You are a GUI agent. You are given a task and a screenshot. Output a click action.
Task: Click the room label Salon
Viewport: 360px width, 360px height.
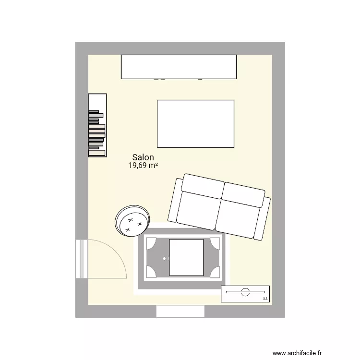[143, 157]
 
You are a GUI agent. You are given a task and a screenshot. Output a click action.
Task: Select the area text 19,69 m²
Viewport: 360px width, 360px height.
[143, 166]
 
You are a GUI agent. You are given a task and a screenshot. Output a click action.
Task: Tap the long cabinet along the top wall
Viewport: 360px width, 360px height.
[179, 67]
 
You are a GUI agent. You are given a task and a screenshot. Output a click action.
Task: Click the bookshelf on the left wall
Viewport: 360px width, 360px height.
[96, 125]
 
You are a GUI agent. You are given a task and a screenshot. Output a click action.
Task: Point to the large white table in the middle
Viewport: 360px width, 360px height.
[195, 124]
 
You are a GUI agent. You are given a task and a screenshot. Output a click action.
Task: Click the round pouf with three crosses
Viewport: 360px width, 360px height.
[133, 220]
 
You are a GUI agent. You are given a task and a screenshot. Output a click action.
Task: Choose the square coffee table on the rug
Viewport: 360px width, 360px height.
[187, 258]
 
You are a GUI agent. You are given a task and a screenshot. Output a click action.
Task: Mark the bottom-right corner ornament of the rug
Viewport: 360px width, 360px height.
[216, 272]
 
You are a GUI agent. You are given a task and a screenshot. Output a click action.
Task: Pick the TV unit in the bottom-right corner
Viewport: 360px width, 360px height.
[245, 294]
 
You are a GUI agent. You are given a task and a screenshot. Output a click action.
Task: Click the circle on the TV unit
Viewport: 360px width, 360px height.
[245, 291]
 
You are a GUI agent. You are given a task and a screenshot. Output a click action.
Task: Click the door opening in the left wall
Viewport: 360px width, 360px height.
[82, 259]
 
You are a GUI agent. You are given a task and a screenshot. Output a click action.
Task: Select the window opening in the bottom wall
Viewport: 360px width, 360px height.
[180, 311]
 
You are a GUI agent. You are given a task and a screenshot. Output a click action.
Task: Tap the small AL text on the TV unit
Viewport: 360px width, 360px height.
[265, 299]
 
